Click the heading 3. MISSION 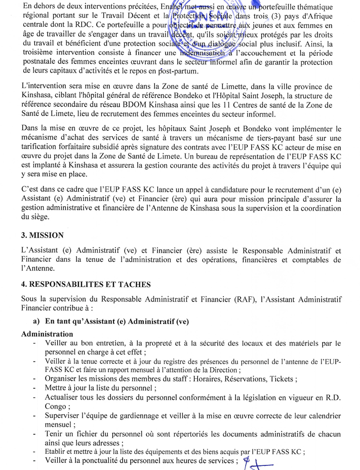(43, 236)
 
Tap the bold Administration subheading (47, 334)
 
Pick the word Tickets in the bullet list (282, 379)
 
